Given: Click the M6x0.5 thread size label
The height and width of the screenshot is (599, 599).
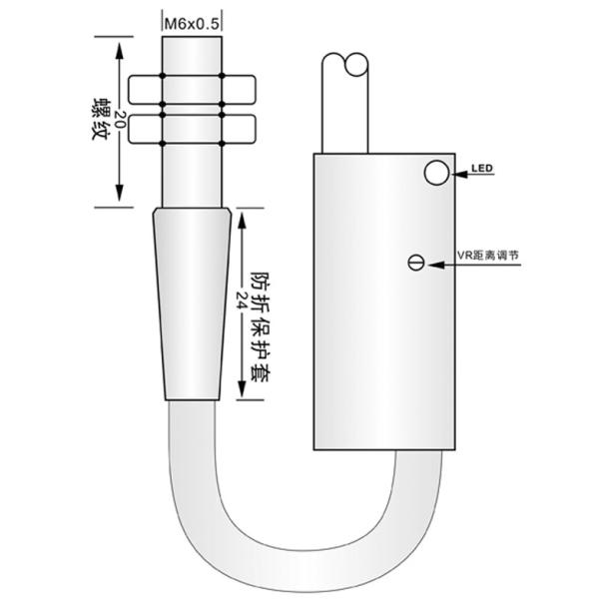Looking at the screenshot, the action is pyautogui.click(x=192, y=24).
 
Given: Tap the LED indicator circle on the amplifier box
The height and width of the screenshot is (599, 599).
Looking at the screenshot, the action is pyautogui.click(x=436, y=173).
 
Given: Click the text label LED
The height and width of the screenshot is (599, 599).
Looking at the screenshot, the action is pyautogui.click(x=482, y=168).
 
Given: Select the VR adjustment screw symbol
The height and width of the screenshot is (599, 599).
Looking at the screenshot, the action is pyautogui.click(x=416, y=262).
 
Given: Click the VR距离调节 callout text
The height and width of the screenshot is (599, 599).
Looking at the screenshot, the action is pyautogui.click(x=488, y=256).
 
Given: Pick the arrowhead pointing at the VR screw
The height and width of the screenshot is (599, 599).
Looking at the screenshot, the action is pyautogui.click(x=436, y=265).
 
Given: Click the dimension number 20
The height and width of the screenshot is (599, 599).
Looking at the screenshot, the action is pyautogui.click(x=120, y=119).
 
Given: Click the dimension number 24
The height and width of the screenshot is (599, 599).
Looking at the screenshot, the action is pyautogui.click(x=242, y=300).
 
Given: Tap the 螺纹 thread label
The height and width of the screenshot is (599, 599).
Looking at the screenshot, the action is pyautogui.click(x=101, y=119).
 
